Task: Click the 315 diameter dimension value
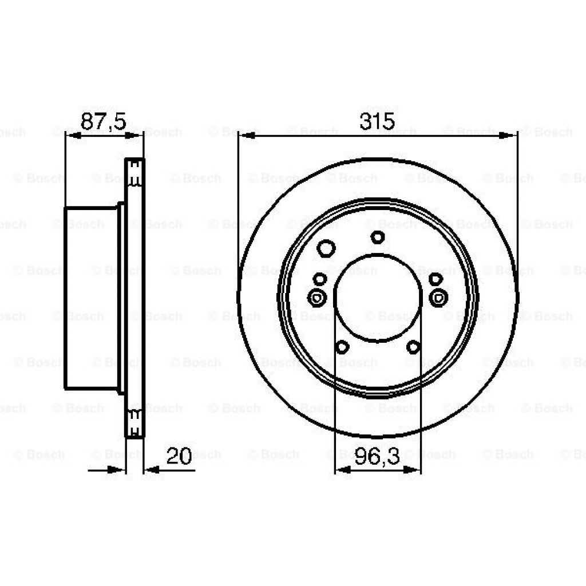[x=377, y=121]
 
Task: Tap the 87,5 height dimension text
[x=103, y=121]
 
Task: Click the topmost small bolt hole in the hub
[x=377, y=236]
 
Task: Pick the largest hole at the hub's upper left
[x=326, y=248]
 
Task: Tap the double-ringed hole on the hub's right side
[x=438, y=297]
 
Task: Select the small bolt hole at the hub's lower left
[x=342, y=346]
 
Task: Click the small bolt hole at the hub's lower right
[x=413, y=346]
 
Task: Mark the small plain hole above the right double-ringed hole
[x=435, y=279]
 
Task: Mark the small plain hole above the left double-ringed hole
[x=320, y=279]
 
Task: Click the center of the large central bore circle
[x=377, y=298]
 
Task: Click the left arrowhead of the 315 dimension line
[x=246, y=136]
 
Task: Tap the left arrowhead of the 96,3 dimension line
[x=342, y=470]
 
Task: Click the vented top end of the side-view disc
[x=135, y=172]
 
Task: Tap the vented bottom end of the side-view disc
[x=135, y=424]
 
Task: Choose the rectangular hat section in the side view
[x=92, y=298]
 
